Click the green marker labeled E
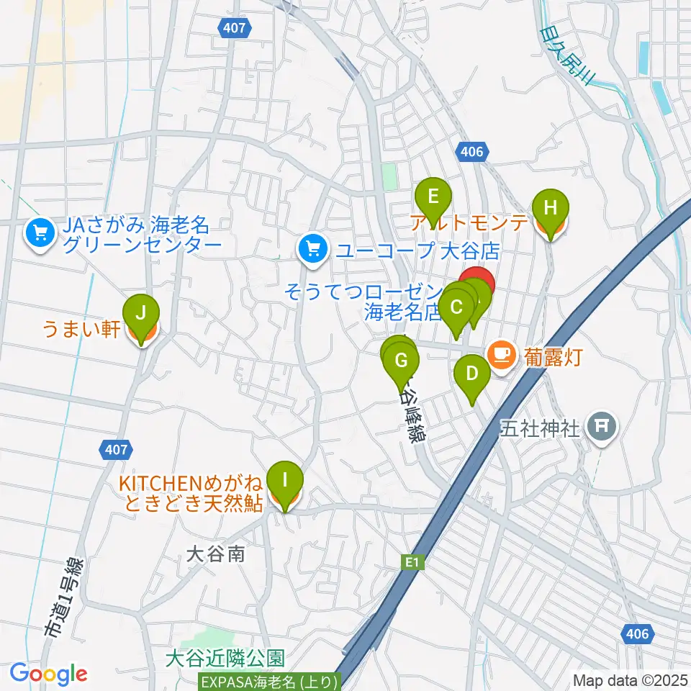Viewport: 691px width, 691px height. [x=433, y=197]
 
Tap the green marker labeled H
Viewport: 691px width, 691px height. [x=551, y=209]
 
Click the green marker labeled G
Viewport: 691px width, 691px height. [x=402, y=359]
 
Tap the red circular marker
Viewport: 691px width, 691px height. [x=477, y=283]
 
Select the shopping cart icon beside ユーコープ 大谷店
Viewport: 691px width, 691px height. [x=312, y=250]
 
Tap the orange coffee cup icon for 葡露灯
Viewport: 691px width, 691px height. [x=501, y=354]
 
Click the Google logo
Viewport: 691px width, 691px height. [x=48, y=673]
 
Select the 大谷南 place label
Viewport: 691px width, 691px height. [x=216, y=554]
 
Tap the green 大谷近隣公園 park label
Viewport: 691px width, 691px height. [x=225, y=658]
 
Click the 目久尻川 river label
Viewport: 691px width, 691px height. [x=566, y=55]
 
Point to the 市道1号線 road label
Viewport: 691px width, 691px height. [x=64, y=598]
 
